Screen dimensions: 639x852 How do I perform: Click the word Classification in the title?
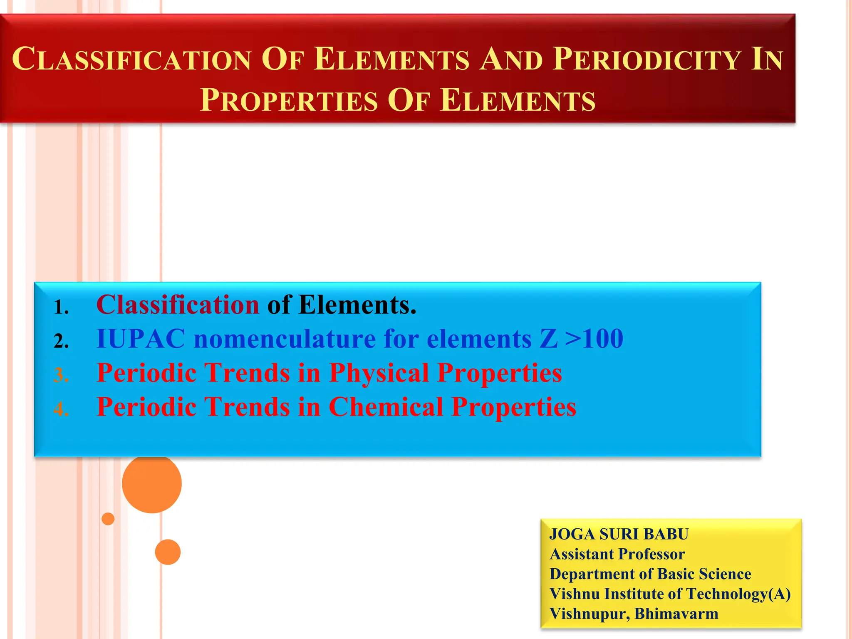pos(131,59)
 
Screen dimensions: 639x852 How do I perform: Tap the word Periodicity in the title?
pos(647,59)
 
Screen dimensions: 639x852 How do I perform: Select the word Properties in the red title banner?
pos(289,101)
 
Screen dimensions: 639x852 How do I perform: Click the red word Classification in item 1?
pos(178,305)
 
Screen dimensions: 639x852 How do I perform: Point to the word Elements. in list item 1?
pos(357,305)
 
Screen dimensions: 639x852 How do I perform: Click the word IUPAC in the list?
pos(141,339)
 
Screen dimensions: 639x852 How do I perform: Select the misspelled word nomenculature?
pos(285,339)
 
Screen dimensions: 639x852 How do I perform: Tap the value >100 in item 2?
pos(594,339)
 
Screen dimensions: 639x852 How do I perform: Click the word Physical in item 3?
pos(379,373)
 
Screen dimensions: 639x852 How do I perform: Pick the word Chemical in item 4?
pos(386,407)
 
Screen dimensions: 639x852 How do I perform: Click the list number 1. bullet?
pos(61,308)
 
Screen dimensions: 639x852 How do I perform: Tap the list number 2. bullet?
pos(61,342)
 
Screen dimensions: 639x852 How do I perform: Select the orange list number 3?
pos(61,376)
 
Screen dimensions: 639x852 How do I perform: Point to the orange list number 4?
pos(61,410)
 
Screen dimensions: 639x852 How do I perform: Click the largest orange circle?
pos(152,483)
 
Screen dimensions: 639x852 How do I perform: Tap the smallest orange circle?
pos(108,519)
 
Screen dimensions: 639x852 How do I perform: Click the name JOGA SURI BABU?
pos(619,534)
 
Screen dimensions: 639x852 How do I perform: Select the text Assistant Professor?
pos(617,554)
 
